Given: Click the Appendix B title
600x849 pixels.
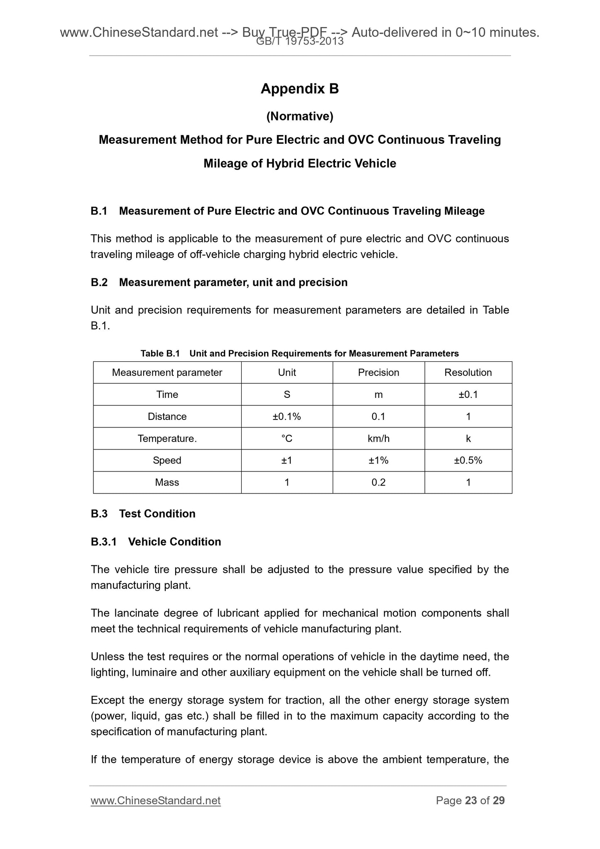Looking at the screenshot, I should [299, 88].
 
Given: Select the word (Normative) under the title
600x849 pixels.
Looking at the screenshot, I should [299, 117].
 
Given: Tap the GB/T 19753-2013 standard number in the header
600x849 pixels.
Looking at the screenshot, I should [300, 41].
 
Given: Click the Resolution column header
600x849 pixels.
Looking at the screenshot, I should [468, 373].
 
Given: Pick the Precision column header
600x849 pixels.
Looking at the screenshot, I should [378, 373].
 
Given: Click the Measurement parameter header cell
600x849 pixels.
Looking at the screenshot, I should [167, 373].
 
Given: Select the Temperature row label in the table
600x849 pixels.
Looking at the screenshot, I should [167, 439].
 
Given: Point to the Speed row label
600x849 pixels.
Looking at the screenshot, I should [167, 460].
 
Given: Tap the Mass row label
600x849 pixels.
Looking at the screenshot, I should [167, 482].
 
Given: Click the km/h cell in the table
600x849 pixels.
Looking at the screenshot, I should [378, 439].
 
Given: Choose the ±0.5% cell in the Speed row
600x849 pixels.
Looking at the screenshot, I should [468, 460].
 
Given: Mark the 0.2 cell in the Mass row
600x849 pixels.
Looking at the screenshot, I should [378, 482].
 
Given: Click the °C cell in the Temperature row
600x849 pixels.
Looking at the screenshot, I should [287, 439].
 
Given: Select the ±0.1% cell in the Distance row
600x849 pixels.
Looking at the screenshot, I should [287, 417].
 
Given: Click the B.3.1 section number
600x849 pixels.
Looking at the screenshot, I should [104, 542].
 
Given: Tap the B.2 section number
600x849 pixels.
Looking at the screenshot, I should [99, 282].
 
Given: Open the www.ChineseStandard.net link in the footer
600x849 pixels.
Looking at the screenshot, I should [155, 800].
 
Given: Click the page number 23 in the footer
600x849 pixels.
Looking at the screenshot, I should [471, 800].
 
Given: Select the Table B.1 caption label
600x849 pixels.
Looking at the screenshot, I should [160, 353].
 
